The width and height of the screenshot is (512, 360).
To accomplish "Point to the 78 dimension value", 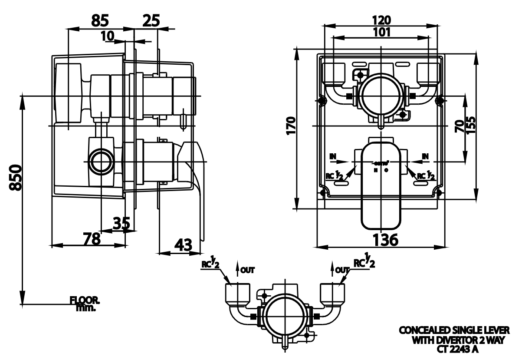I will [x=92, y=238].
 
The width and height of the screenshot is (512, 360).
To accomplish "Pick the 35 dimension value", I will [x=121, y=223].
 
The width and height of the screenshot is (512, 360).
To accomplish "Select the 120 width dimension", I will [x=381, y=20].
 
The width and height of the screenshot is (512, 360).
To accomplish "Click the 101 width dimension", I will [x=381, y=32].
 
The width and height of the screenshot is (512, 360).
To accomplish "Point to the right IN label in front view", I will [x=425, y=155].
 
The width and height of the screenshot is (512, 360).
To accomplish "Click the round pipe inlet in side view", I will [x=101, y=162].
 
